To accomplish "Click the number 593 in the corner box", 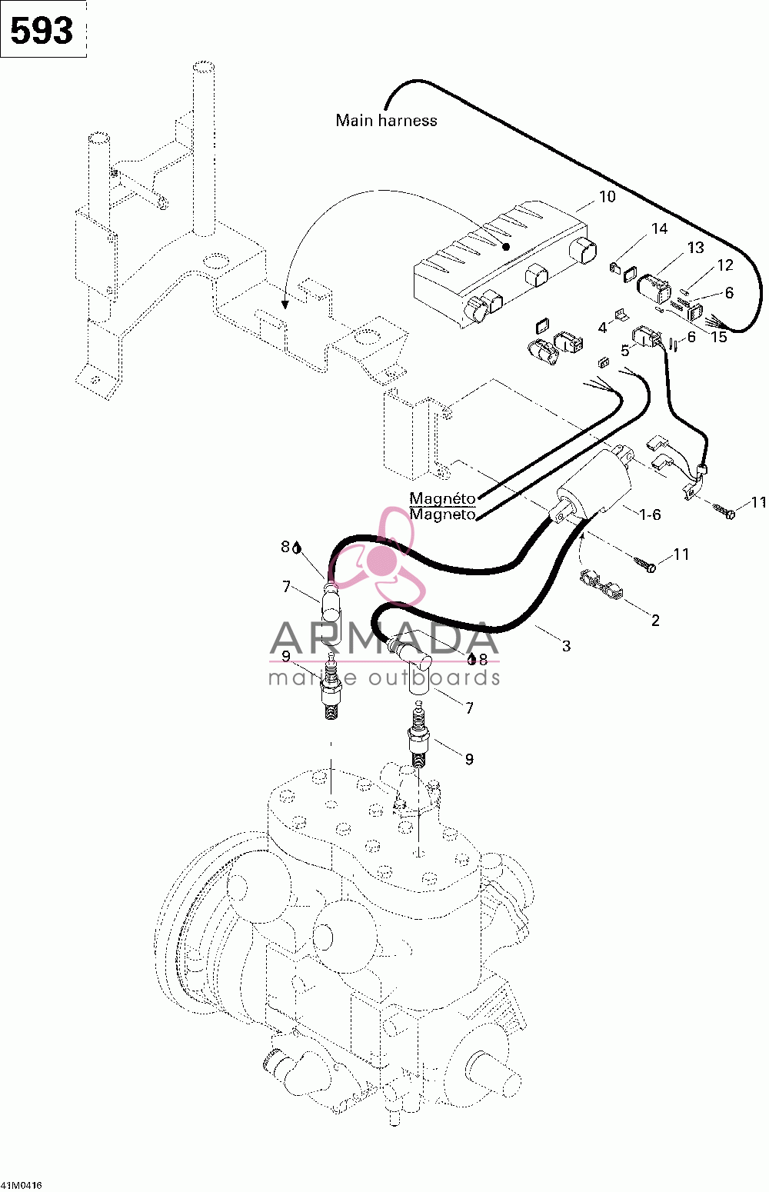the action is [x=42, y=30].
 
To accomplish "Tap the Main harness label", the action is [x=386, y=120].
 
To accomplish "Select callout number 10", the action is [x=608, y=197].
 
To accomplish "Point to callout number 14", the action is [x=659, y=229].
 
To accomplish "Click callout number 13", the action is [x=695, y=248].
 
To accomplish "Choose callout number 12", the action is [x=725, y=265].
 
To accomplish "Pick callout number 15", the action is [x=718, y=337].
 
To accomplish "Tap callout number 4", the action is [x=602, y=328].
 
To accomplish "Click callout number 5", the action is [x=624, y=351].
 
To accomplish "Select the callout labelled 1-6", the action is [x=649, y=514].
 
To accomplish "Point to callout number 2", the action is [x=655, y=621].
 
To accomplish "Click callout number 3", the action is [x=566, y=646].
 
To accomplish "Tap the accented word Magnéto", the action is [x=442, y=498].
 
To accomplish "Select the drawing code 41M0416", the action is [x=22, y=1185].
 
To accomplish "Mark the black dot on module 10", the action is [x=506, y=246].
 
